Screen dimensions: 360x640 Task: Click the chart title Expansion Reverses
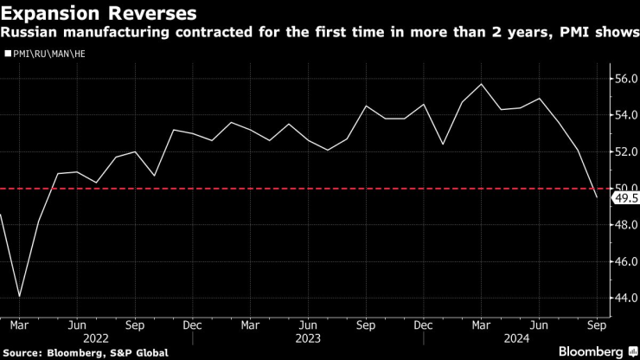pyautogui.click(x=98, y=14)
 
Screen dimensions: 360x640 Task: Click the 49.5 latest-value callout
pyautogui.click(x=624, y=198)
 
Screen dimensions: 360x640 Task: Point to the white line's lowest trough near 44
pyautogui.click(x=20, y=297)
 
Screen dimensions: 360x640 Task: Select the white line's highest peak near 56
pyautogui.click(x=481, y=84)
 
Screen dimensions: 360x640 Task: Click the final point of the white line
pyautogui.click(x=597, y=197)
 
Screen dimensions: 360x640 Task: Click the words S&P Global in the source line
pyautogui.click(x=138, y=352)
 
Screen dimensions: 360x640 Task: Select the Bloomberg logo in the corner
pyautogui.click(x=591, y=351)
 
